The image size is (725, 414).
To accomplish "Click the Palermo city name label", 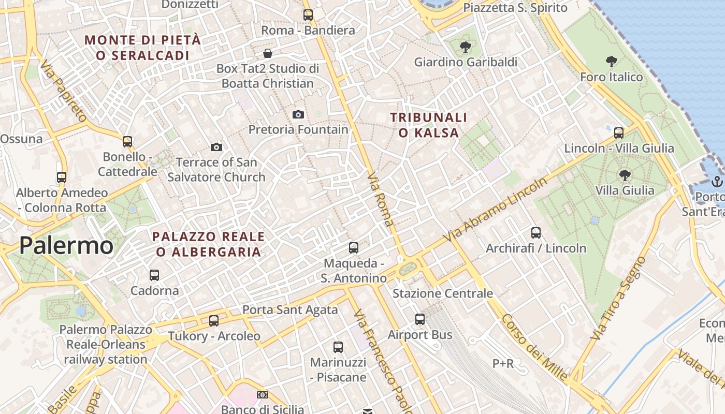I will point(66,246).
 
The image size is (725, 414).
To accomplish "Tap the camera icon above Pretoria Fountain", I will point(298,114).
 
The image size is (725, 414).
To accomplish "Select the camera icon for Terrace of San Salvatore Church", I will point(216,147).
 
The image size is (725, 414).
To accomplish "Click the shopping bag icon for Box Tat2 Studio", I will point(268,53).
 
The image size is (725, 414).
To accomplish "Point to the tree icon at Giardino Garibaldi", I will point(466,47).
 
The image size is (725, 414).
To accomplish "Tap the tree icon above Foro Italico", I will point(612,62).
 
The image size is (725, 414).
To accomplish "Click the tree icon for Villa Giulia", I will point(625,175).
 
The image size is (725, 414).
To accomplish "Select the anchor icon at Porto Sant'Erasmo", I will point(717,181).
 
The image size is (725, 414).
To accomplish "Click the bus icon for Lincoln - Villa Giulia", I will point(619,132).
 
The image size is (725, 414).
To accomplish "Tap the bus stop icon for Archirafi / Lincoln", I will point(536,233).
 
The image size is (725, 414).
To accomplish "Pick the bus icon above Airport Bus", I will point(420,319).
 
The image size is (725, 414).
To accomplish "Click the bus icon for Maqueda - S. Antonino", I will point(354,248).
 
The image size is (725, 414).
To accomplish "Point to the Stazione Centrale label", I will point(443,293).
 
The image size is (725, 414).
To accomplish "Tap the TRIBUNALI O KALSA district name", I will point(429,125).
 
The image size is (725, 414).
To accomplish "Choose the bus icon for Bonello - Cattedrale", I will point(127,141).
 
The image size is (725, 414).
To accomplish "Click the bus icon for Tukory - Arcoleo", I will point(214,321).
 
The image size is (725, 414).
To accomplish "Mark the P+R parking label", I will point(503,364).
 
